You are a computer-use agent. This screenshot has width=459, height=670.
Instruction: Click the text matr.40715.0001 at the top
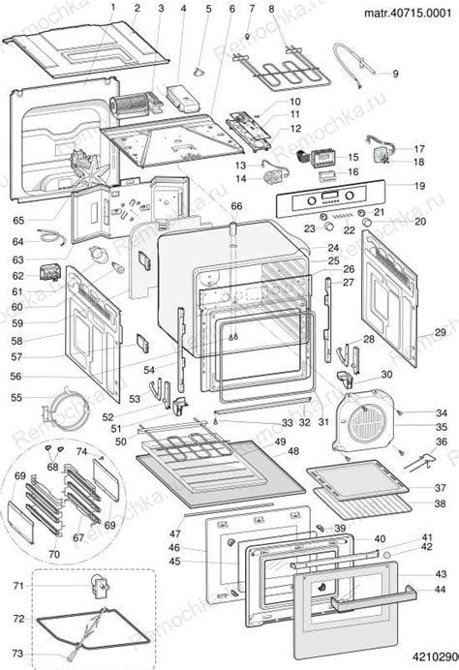point(407,14)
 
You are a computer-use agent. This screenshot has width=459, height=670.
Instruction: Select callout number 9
point(395,74)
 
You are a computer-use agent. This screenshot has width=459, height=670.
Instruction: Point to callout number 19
point(419,185)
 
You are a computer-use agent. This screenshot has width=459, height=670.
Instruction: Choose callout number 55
point(17,398)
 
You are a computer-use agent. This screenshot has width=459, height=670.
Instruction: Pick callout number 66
point(236,205)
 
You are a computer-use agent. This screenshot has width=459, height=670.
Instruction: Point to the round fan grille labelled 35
point(365,423)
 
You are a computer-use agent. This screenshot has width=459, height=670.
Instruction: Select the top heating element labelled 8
point(283,73)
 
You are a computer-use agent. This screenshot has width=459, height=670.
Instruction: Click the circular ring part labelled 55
point(69,403)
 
